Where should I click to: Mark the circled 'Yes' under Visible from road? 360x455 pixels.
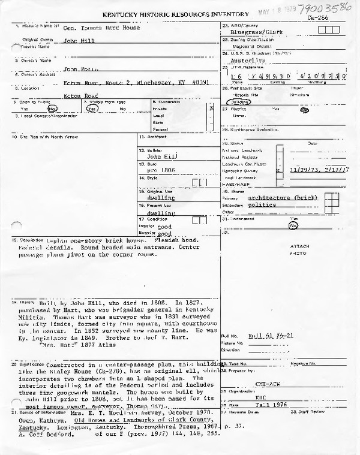pos(92,109)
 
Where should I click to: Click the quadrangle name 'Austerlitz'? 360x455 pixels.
pos(247,61)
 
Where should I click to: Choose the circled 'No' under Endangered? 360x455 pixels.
pos(293,226)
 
